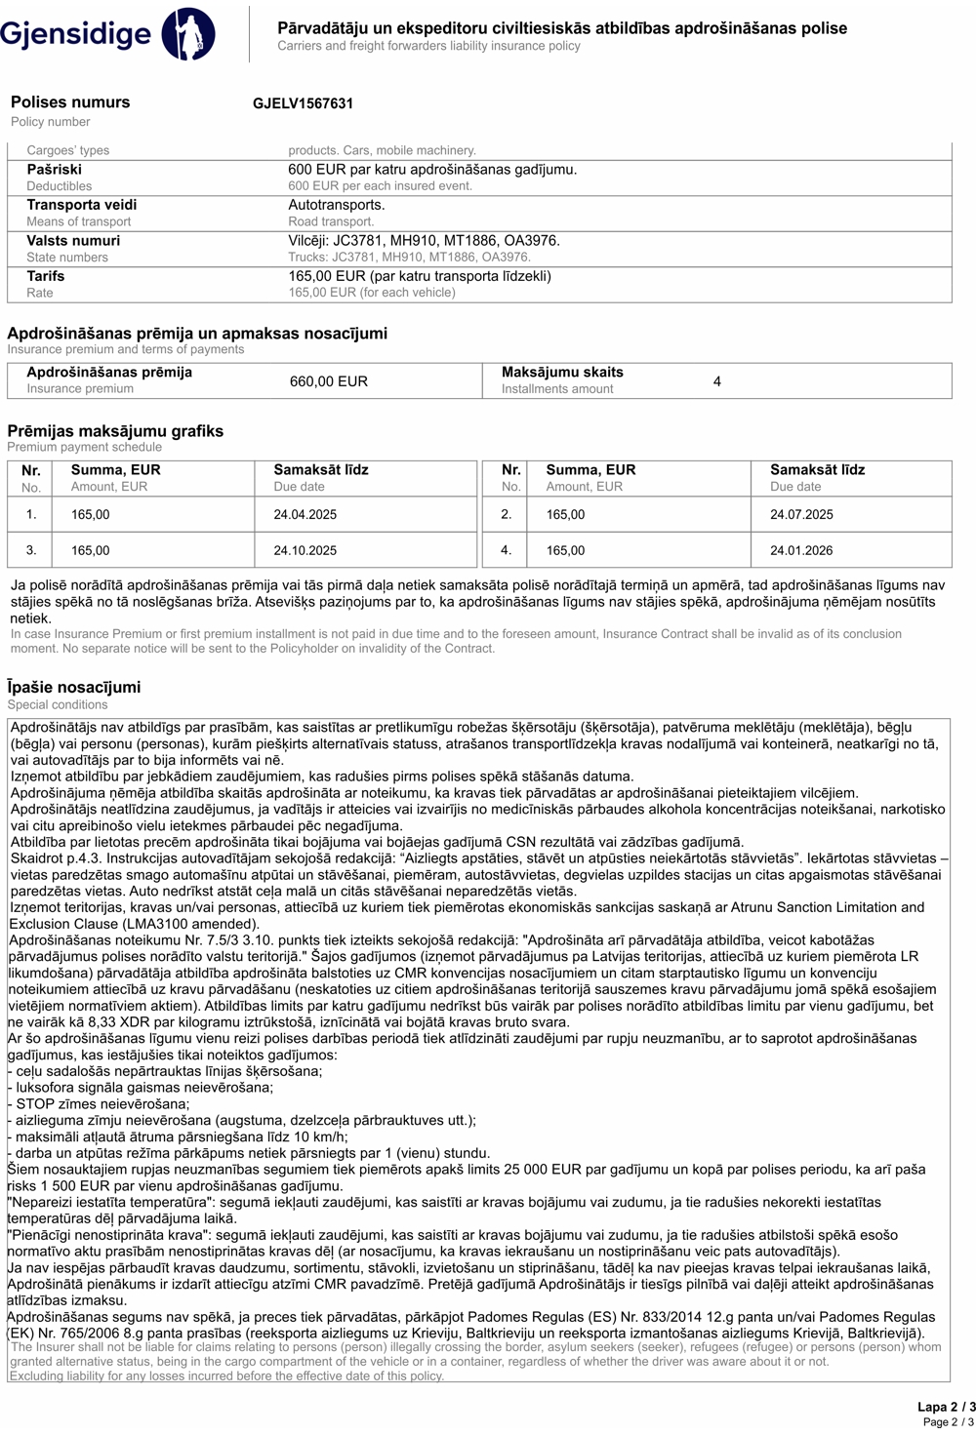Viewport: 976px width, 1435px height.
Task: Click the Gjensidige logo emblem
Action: pyautogui.click(x=188, y=33)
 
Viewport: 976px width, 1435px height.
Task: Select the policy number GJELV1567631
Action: pyautogui.click(x=303, y=103)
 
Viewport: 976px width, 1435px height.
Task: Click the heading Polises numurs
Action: pyautogui.click(x=70, y=102)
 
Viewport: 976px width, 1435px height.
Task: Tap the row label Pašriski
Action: pyautogui.click(x=55, y=170)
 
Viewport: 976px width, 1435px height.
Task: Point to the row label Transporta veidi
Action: pyautogui.click(x=82, y=205)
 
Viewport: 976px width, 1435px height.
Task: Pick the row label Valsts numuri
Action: pyautogui.click(x=73, y=241)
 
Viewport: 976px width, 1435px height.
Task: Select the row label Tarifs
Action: pyautogui.click(x=46, y=276)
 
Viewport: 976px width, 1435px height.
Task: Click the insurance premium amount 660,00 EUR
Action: pyautogui.click(x=329, y=381)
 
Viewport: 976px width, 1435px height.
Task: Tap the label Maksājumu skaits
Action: pyautogui.click(x=562, y=373)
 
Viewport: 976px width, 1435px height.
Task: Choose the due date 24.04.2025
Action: pyautogui.click(x=305, y=514)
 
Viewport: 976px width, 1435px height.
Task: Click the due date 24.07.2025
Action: pyautogui.click(x=801, y=514)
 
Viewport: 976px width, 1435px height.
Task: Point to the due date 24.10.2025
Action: pyautogui.click(x=305, y=550)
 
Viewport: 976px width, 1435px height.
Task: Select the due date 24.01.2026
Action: pyautogui.click(x=801, y=550)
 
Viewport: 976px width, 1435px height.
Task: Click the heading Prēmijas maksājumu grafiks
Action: pyautogui.click(x=115, y=431)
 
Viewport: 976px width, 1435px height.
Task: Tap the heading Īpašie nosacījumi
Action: pyautogui.click(x=74, y=687)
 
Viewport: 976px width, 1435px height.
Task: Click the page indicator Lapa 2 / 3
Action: pyautogui.click(x=946, y=1407)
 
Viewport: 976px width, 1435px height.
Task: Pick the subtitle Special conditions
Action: pyautogui.click(x=58, y=704)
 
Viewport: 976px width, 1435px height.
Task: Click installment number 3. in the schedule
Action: pyautogui.click(x=31, y=550)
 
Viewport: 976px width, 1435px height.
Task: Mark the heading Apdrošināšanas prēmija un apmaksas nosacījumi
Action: pyautogui.click(x=197, y=334)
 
